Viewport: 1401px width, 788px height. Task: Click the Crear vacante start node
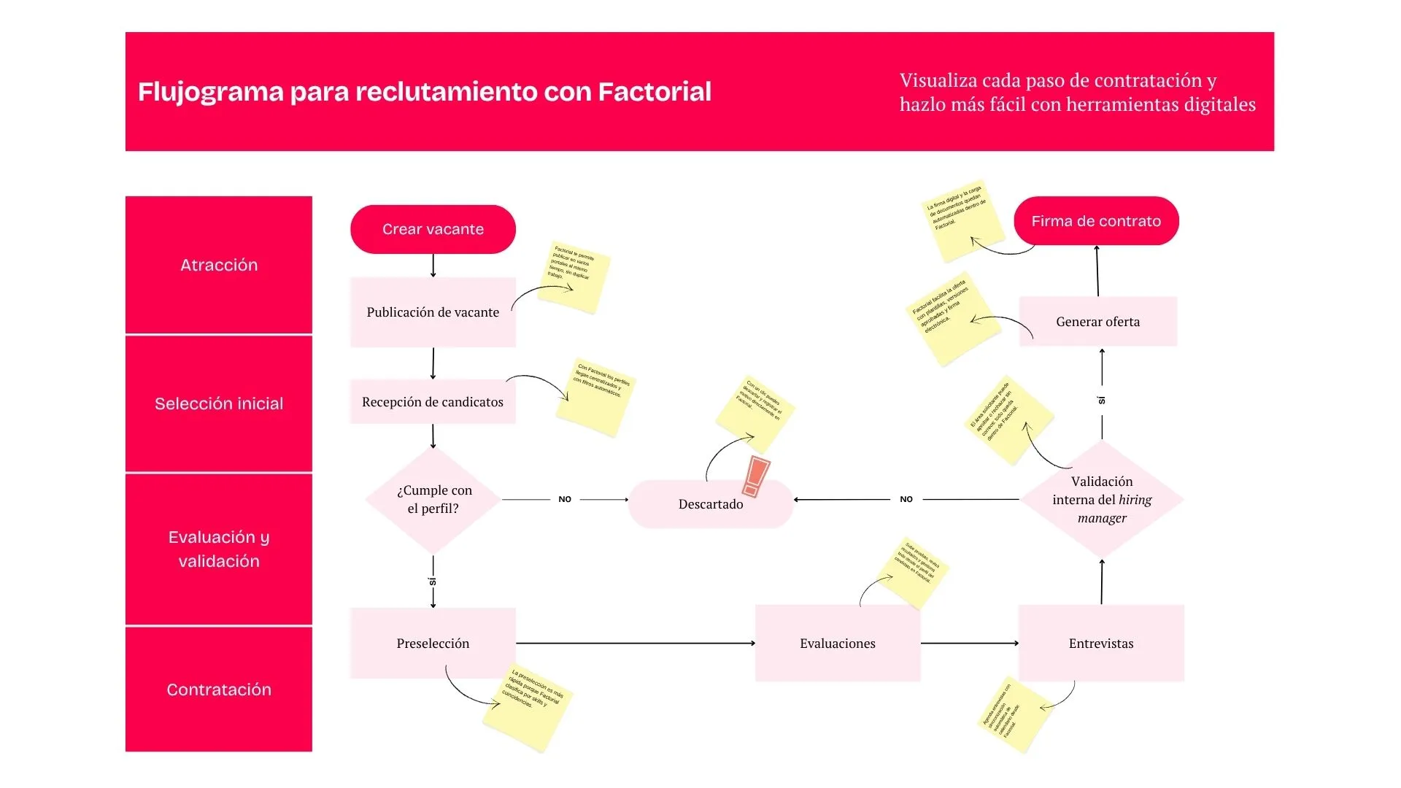pos(433,229)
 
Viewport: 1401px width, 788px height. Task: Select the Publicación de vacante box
pos(433,312)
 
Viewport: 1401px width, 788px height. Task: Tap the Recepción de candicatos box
pos(433,401)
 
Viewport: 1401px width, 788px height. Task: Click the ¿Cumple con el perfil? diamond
pos(433,500)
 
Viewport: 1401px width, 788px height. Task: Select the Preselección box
pos(433,643)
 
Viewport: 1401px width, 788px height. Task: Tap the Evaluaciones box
pos(837,643)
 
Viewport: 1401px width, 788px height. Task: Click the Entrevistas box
pos(1100,643)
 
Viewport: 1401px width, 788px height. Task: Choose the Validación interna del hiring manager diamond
pos(1101,500)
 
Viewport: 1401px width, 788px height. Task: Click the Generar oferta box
pos(1097,322)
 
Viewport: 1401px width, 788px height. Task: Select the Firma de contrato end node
pos(1096,221)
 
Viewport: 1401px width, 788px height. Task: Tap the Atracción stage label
pos(219,265)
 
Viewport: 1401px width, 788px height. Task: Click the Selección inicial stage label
pos(219,403)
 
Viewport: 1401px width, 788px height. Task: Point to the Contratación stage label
pos(219,689)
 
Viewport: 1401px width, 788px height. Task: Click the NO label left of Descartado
pos(565,500)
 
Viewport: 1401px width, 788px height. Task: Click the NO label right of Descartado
pos(906,500)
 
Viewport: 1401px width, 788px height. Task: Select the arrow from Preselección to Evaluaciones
pos(635,643)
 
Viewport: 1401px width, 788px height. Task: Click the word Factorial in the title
pos(654,92)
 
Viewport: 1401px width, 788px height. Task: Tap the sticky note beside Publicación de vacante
pos(577,277)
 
